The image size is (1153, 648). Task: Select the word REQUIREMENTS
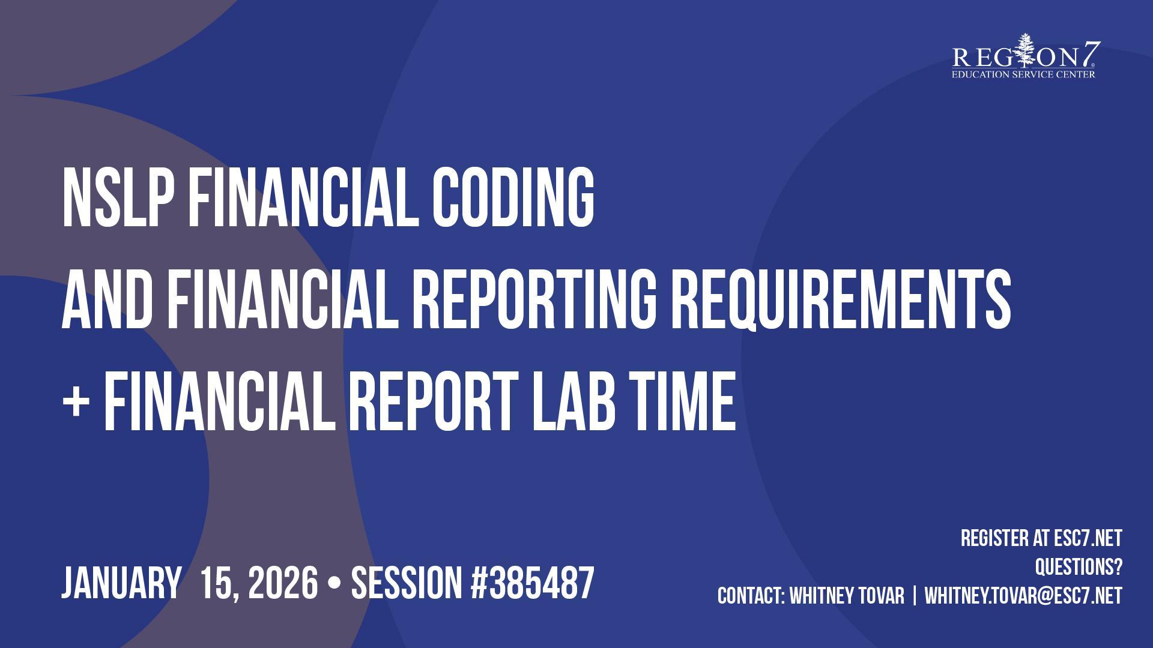click(x=841, y=299)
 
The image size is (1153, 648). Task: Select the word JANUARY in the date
click(x=121, y=583)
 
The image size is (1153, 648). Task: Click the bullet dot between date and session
click(x=334, y=584)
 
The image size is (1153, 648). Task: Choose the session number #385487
click(x=533, y=583)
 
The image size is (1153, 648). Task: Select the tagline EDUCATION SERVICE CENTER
click(x=1023, y=74)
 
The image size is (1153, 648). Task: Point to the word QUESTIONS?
click(x=1079, y=567)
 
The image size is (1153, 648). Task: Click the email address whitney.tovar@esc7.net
click(x=1023, y=596)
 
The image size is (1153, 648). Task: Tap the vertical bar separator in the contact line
click(x=915, y=596)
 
